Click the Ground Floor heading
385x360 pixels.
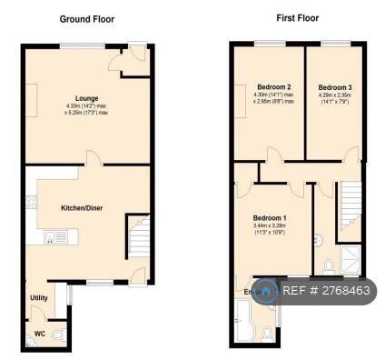point(87,18)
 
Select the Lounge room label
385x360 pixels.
point(87,98)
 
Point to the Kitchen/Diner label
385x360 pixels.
point(82,208)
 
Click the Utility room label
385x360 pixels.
point(39,297)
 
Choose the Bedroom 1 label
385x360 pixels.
point(270,217)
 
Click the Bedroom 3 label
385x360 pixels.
point(335,87)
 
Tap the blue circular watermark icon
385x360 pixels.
point(265,291)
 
